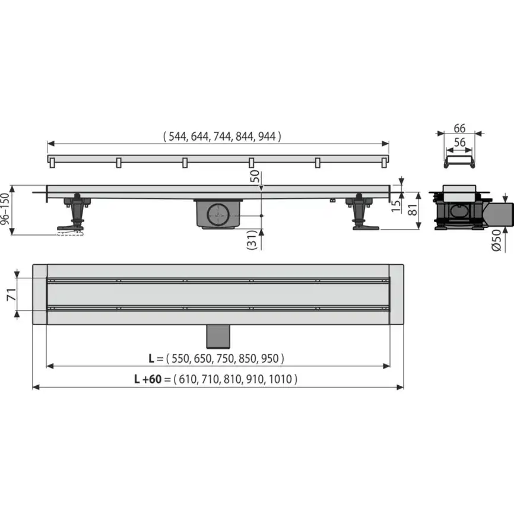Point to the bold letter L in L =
pos(152,358)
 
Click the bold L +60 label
pos(151,378)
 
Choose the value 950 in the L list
pos(270,358)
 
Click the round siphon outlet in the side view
pos(218,213)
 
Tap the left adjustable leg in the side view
pos(74,213)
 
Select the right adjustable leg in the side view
pos(361,213)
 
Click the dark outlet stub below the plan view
pos(218,337)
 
